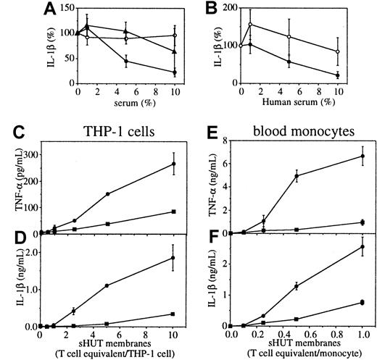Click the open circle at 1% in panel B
tap(250, 24)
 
